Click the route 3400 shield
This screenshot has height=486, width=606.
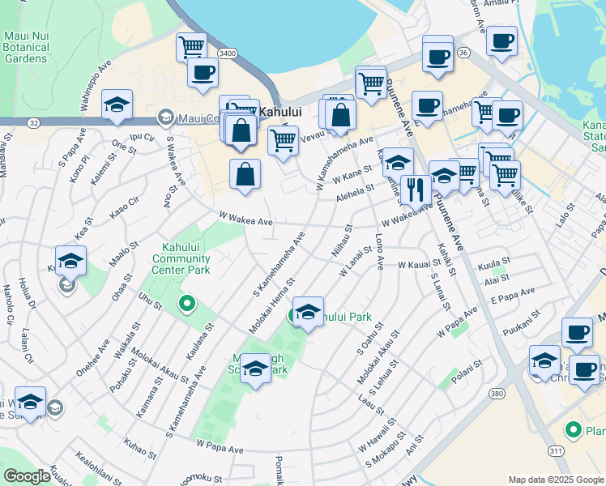[227, 53]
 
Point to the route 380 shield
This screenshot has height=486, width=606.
[497, 392]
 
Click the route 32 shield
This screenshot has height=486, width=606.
[32, 122]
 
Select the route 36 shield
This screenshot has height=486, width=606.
[463, 52]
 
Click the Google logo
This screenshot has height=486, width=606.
[27, 476]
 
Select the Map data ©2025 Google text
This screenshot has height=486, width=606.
[556, 480]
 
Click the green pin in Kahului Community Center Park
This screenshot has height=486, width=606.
[187, 305]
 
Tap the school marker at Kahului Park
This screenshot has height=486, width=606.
[308, 312]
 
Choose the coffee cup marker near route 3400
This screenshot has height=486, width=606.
[203, 72]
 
